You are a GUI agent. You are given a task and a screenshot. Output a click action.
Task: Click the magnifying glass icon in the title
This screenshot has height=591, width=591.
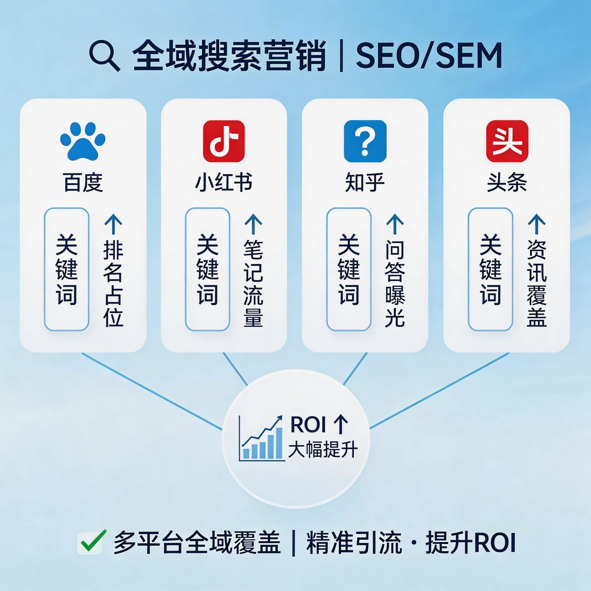coord(104,56)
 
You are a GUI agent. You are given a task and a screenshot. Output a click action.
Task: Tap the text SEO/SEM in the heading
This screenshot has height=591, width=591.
coord(428,56)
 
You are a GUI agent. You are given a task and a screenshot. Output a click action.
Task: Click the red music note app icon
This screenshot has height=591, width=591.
coord(224,141)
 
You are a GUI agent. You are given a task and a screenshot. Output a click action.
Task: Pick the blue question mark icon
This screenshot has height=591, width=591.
coord(365,141)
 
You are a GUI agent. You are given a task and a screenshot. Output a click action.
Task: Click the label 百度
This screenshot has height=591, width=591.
coord(83,183)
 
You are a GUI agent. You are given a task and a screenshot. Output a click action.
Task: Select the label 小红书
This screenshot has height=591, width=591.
coord(224,183)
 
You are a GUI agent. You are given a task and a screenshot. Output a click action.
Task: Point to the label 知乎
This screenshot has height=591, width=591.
coord(365,183)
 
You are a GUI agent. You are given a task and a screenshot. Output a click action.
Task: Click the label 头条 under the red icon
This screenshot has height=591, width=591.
coord(507,183)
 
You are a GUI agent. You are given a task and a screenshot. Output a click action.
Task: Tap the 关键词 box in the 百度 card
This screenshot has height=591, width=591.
coord(67,269)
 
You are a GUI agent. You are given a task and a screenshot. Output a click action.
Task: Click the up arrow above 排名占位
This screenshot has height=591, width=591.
coord(113,224)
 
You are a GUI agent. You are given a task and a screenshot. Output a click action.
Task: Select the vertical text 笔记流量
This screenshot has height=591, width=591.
coord(254,283)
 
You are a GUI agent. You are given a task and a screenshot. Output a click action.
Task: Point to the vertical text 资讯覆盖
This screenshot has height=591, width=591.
coord(537,283)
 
